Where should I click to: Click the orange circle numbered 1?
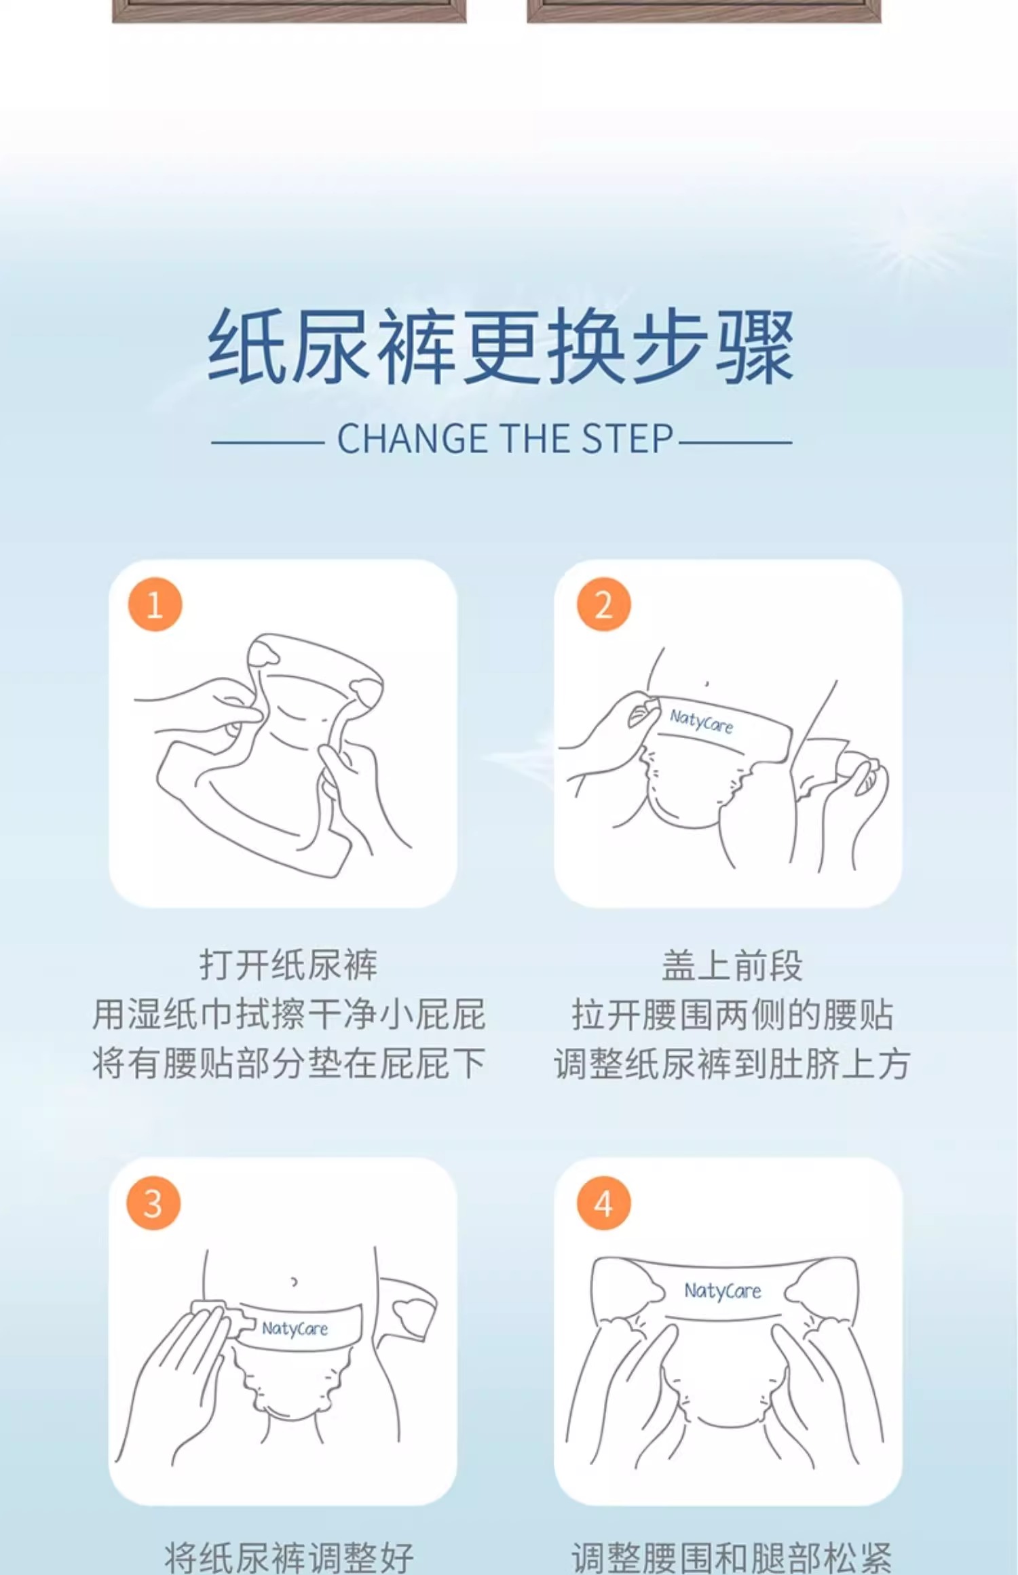[155, 604]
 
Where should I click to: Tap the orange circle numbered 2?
[603, 604]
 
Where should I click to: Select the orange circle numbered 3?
[153, 1203]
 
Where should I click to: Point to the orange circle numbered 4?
[603, 1203]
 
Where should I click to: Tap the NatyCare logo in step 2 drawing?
[702, 721]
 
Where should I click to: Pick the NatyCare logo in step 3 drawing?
[295, 1328]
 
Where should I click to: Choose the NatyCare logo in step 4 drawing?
[722, 1291]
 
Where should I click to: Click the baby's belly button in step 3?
[294, 1282]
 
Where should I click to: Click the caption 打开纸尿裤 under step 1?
[288, 965]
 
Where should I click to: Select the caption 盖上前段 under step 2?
[732, 965]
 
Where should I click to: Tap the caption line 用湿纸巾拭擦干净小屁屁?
[288, 1014]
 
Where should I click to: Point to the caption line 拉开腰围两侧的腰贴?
[732, 1014]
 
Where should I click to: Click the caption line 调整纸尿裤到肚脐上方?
[732, 1063]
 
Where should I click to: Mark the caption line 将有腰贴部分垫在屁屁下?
[288, 1063]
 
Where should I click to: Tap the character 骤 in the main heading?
[755, 346]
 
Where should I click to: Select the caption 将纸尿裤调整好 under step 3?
[288, 1557]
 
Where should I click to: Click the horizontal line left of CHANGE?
[267, 442]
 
